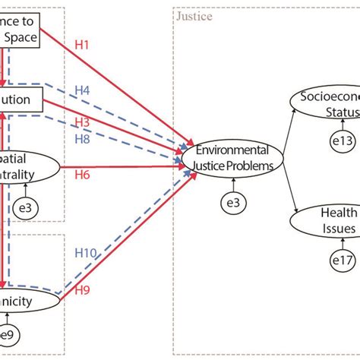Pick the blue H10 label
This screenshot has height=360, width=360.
(86, 253)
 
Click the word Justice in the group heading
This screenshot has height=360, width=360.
(194, 16)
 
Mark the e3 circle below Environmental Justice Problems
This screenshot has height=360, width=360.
(231, 202)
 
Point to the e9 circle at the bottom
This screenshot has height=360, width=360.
(6, 335)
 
